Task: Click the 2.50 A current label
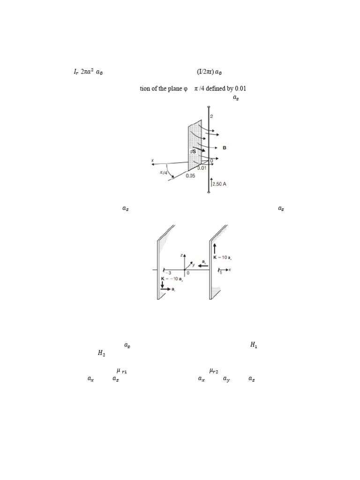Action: click(x=219, y=184)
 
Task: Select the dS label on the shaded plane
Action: click(x=193, y=151)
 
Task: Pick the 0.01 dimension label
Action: click(x=201, y=167)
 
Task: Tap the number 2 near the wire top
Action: click(x=212, y=116)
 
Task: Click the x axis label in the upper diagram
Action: click(x=152, y=161)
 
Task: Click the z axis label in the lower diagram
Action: click(x=181, y=255)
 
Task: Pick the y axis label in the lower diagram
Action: click(x=192, y=264)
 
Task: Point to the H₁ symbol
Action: click(x=254, y=345)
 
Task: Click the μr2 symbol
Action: click(x=215, y=371)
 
